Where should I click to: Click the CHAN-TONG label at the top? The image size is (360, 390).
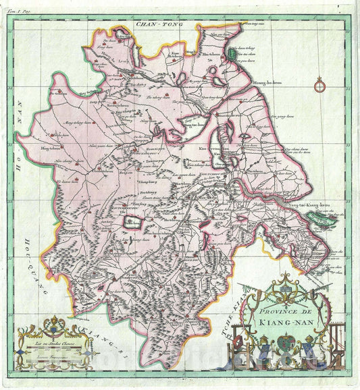click(157, 25)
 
